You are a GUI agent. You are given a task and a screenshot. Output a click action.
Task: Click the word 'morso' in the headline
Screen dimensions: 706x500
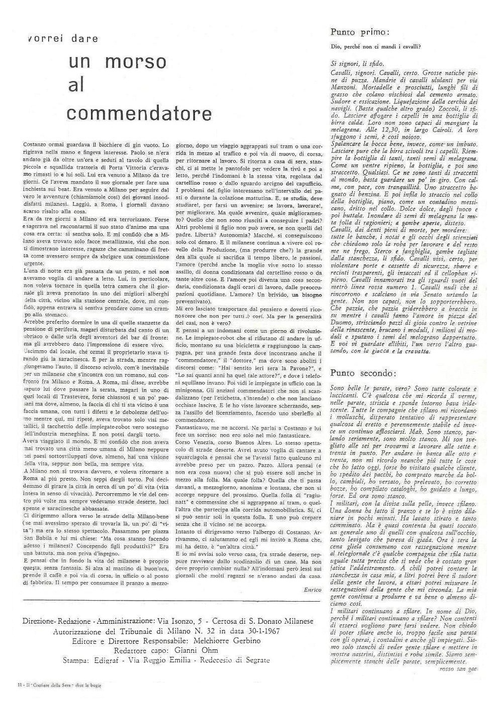[x=136, y=62]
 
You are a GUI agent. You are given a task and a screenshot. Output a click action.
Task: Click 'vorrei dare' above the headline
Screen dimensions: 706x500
[x=64, y=39]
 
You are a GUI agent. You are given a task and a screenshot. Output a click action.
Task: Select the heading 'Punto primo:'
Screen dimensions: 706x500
[x=359, y=32]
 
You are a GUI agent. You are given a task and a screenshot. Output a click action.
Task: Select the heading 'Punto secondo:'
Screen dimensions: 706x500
[x=363, y=373]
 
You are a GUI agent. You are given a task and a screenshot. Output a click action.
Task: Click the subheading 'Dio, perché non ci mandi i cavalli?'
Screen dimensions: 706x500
[x=376, y=48]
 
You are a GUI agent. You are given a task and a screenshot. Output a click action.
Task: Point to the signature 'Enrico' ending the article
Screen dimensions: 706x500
[x=312, y=590]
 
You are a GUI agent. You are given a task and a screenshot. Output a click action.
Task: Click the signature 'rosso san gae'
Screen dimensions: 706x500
[x=457, y=669]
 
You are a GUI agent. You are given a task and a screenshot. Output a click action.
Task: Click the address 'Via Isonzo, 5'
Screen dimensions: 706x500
[x=180, y=621]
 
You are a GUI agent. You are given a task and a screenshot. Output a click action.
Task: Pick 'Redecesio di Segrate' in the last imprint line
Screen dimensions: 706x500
[x=235, y=660]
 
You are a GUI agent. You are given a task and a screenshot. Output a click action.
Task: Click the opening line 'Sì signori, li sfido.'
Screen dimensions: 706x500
[x=357, y=64]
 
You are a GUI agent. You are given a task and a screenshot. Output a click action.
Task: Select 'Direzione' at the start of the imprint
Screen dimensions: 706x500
[x=38, y=621]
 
